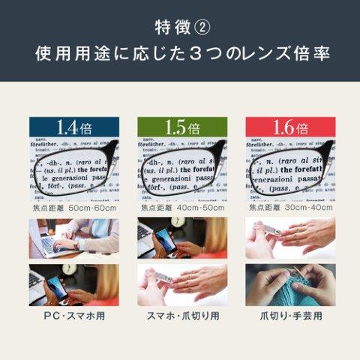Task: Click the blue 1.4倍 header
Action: [x=73, y=127]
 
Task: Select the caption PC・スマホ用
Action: [x=73, y=316]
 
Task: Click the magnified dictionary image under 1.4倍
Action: [x=73, y=170]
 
